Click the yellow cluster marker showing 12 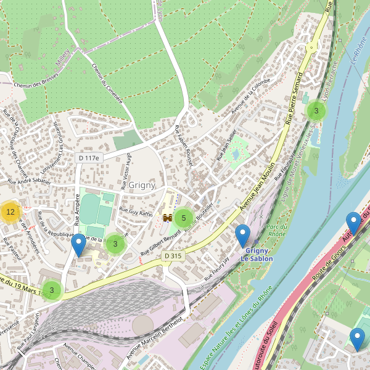[10, 212]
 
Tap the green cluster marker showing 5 [184, 218]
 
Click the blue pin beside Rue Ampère [78, 246]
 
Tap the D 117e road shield [89, 158]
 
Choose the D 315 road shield [174, 255]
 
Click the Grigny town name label [142, 184]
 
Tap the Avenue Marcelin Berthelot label [154, 339]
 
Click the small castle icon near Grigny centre [167, 217]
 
